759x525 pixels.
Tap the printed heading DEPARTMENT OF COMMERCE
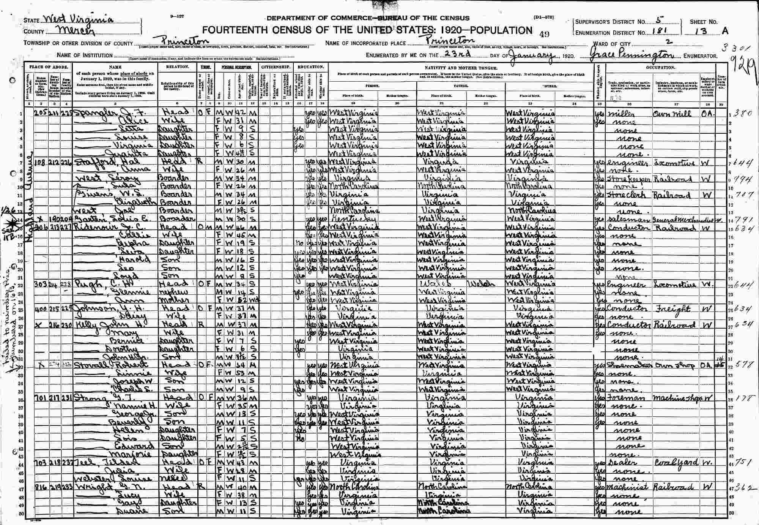click(x=317, y=18)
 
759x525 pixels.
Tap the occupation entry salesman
click(x=621, y=220)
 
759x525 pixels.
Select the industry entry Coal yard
click(x=671, y=463)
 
